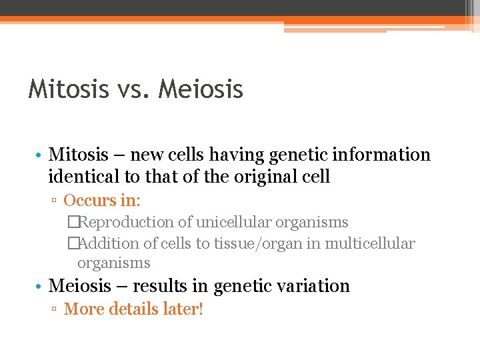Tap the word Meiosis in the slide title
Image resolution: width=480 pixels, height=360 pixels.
[x=201, y=89]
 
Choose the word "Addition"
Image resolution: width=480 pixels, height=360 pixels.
[x=109, y=243]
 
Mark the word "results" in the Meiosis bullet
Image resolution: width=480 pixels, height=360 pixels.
[x=161, y=286]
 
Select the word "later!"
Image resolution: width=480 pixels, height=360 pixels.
[x=182, y=309]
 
